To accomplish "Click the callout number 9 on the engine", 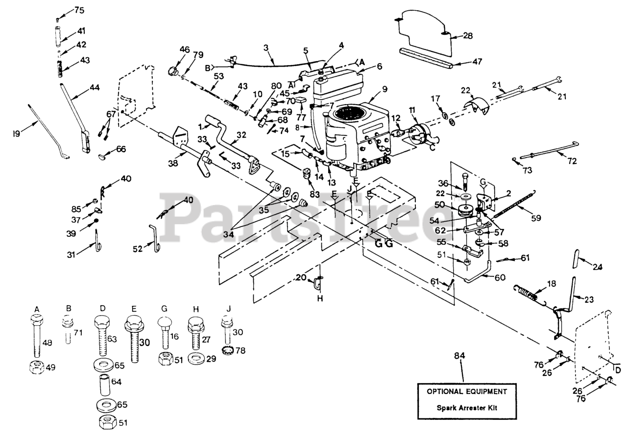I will click(385, 89).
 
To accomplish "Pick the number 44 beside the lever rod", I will click(94, 88).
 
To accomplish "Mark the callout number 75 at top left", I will click(79, 10).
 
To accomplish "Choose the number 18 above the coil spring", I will click(552, 284).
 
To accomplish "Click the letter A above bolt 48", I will click(37, 308).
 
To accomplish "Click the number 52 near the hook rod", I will click(138, 249).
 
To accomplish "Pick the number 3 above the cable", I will click(266, 48).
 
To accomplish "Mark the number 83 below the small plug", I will click(311, 189).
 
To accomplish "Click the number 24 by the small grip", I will click(597, 267).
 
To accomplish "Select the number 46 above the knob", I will click(184, 49).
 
